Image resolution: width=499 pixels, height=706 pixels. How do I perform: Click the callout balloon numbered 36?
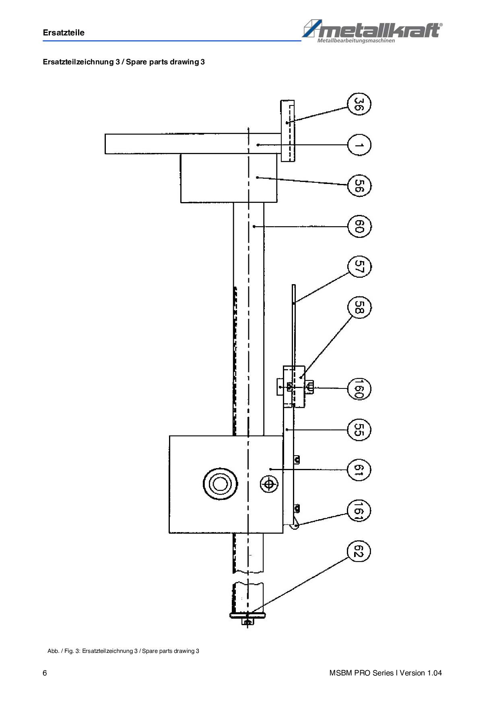(x=359, y=104)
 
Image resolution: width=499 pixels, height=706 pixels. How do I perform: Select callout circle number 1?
(x=359, y=145)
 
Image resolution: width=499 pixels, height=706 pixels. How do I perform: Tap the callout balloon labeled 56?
(x=359, y=186)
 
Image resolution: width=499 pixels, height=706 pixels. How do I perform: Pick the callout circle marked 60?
(x=359, y=227)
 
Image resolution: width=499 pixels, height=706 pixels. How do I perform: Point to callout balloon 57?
(x=359, y=267)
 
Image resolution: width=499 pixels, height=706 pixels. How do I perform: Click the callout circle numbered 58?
(x=359, y=308)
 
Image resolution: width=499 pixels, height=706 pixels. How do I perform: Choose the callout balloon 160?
(x=359, y=389)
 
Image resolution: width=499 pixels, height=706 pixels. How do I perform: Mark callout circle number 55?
(x=359, y=429)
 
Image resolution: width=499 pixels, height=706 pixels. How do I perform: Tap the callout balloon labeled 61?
(x=359, y=470)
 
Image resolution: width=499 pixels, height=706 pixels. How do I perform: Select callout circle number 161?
(x=359, y=511)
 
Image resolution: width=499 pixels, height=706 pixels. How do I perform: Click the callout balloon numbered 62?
(x=359, y=551)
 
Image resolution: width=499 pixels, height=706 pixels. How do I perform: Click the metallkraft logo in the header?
(x=372, y=31)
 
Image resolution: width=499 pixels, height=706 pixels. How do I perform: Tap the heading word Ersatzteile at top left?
(x=64, y=33)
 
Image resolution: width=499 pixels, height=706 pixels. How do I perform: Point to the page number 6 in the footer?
(x=45, y=673)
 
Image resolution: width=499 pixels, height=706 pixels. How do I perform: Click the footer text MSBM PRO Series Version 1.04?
(x=385, y=673)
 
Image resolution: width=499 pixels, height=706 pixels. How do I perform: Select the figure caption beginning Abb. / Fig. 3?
(x=123, y=651)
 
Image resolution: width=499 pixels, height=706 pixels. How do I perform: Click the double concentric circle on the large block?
(x=220, y=483)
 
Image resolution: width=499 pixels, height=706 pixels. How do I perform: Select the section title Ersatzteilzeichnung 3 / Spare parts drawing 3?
(x=124, y=62)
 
